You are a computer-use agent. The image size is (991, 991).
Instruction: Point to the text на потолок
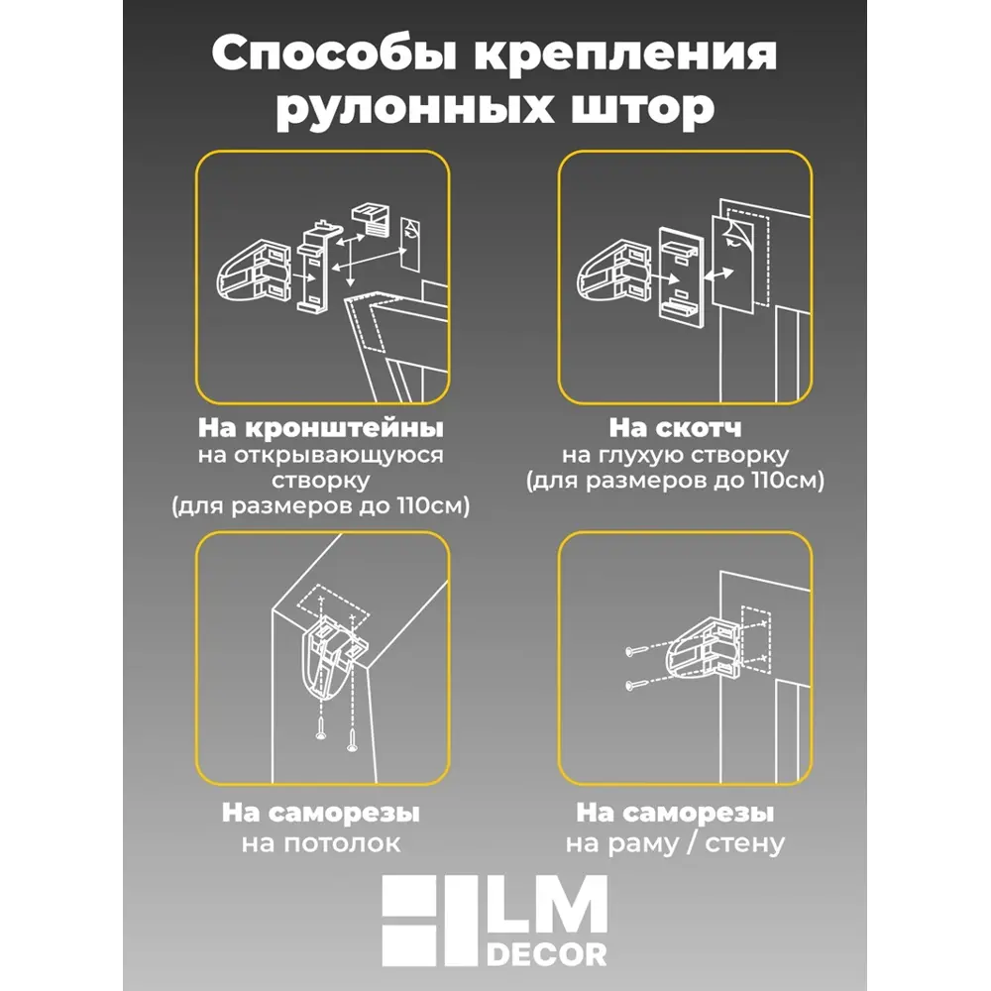[x=321, y=844]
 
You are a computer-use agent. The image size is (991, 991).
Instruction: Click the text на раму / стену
[x=676, y=844]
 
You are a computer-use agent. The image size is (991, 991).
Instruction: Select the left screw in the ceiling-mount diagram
[x=319, y=731]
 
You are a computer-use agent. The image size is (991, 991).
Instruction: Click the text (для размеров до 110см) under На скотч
[x=676, y=482]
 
